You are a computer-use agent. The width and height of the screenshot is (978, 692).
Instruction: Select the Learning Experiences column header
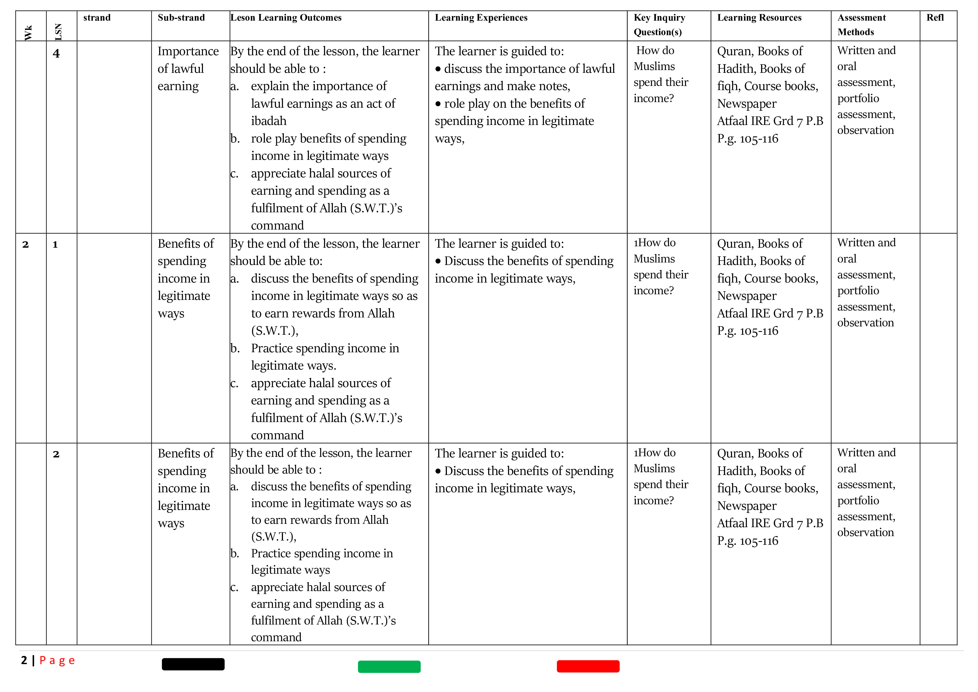click(x=481, y=18)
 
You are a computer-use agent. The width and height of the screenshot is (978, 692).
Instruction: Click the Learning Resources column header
click(x=759, y=18)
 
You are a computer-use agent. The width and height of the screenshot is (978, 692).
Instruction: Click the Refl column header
click(x=935, y=18)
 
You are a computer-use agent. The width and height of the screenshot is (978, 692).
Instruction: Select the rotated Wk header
click(x=28, y=33)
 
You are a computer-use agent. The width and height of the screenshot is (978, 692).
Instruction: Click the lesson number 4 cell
click(x=56, y=54)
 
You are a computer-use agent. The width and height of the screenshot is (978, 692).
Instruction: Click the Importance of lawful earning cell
click(x=188, y=69)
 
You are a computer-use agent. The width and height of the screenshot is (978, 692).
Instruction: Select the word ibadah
click(x=268, y=121)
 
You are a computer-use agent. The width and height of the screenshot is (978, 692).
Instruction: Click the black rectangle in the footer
click(x=193, y=664)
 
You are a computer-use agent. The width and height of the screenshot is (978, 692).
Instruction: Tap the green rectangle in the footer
click(x=389, y=666)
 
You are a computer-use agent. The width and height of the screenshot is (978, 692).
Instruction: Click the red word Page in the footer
click(x=57, y=660)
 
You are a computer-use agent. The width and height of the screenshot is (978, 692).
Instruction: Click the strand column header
click(x=97, y=18)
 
